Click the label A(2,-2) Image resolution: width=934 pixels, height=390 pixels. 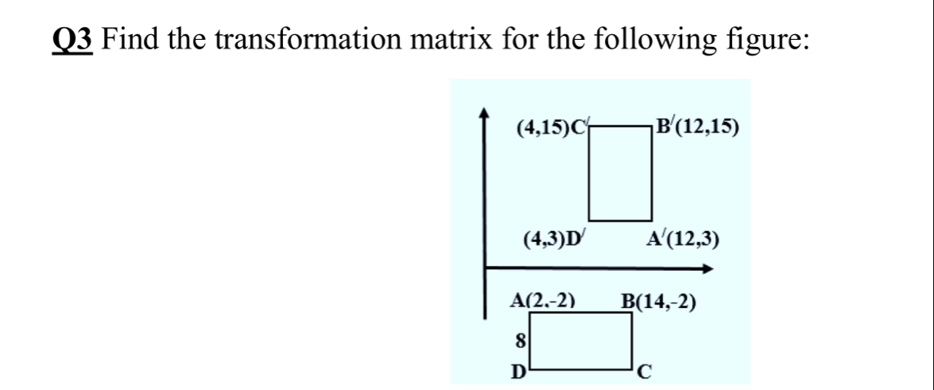(x=542, y=302)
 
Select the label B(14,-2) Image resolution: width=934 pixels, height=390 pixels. (x=660, y=302)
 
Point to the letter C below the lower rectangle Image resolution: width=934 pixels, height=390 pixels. (x=646, y=371)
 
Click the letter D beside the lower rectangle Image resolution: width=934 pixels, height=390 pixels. (x=517, y=371)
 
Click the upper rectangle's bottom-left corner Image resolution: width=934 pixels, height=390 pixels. (x=589, y=220)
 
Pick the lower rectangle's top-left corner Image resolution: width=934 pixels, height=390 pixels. (x=529, y=313)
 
